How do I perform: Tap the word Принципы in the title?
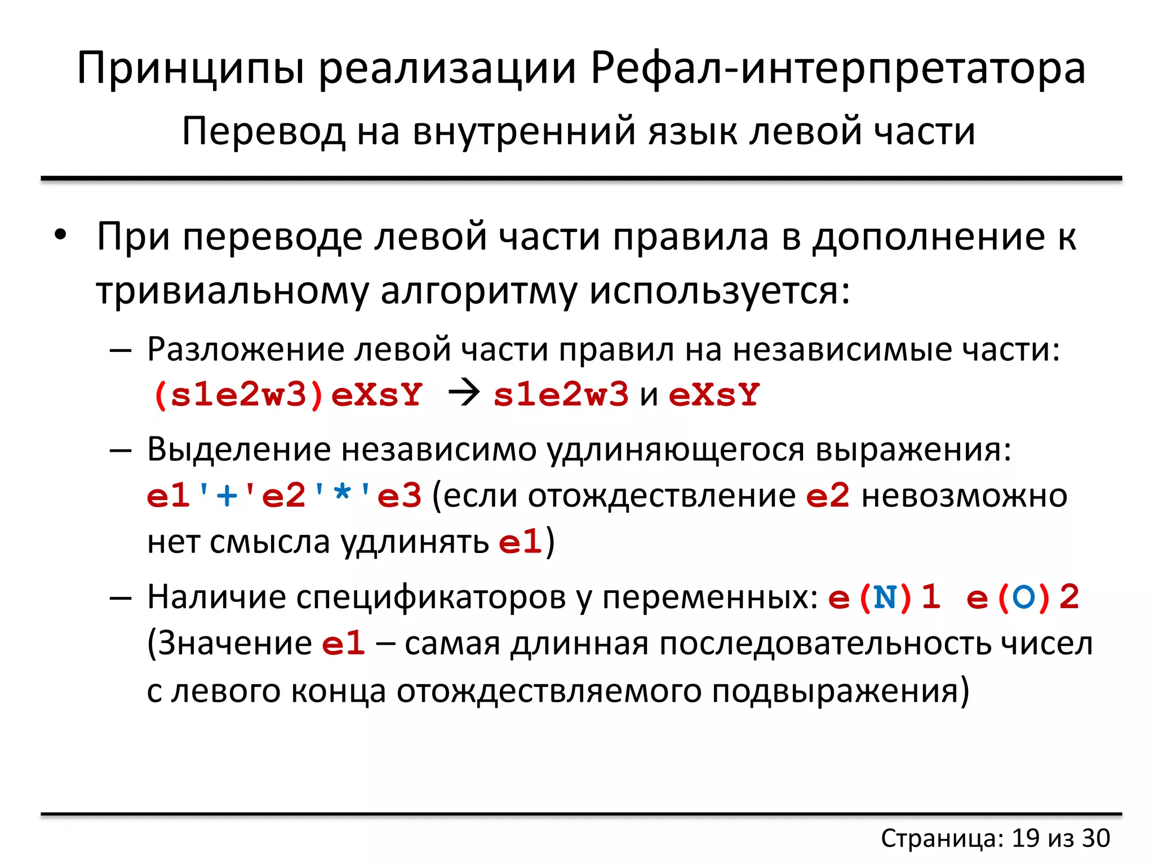click(x=191, y=69)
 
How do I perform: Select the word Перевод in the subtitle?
click(x=263, y=132)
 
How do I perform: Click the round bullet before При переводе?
click(x=61, y=234)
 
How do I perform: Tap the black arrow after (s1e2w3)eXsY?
click(x=464, y=393)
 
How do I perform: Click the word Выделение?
click(x=239, y=449)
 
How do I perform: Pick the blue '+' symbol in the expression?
click(x=227, y=496)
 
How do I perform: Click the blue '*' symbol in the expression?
click(x=342, y=496)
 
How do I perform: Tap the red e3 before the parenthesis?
click(x=400, y=496)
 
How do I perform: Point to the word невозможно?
click(x=964, y=496)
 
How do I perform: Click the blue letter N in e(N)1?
click(x=885, y=597)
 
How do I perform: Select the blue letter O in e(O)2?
click(x=1023, y=597)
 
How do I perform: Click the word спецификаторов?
click(x=430, y=597)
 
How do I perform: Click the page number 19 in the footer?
click(x=1026, y=838)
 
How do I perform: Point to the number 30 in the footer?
click(x=1096, y=838)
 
